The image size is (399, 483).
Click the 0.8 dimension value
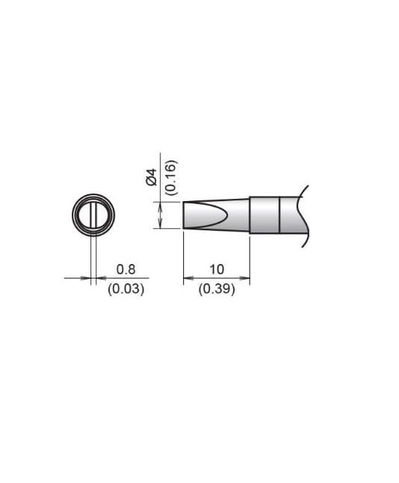click(126, 270)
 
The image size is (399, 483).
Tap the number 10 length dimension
click(217, 270)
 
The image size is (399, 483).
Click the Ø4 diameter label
click(151, 177)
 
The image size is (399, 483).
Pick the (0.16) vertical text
click(170, 177)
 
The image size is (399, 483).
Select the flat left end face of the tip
click(184, 215)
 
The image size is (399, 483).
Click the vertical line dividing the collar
click(279, 215)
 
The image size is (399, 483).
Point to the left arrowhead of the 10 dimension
click(188, 280)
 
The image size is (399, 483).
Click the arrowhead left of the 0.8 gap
click(86, 279)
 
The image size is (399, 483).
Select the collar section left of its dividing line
click(265, 215)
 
